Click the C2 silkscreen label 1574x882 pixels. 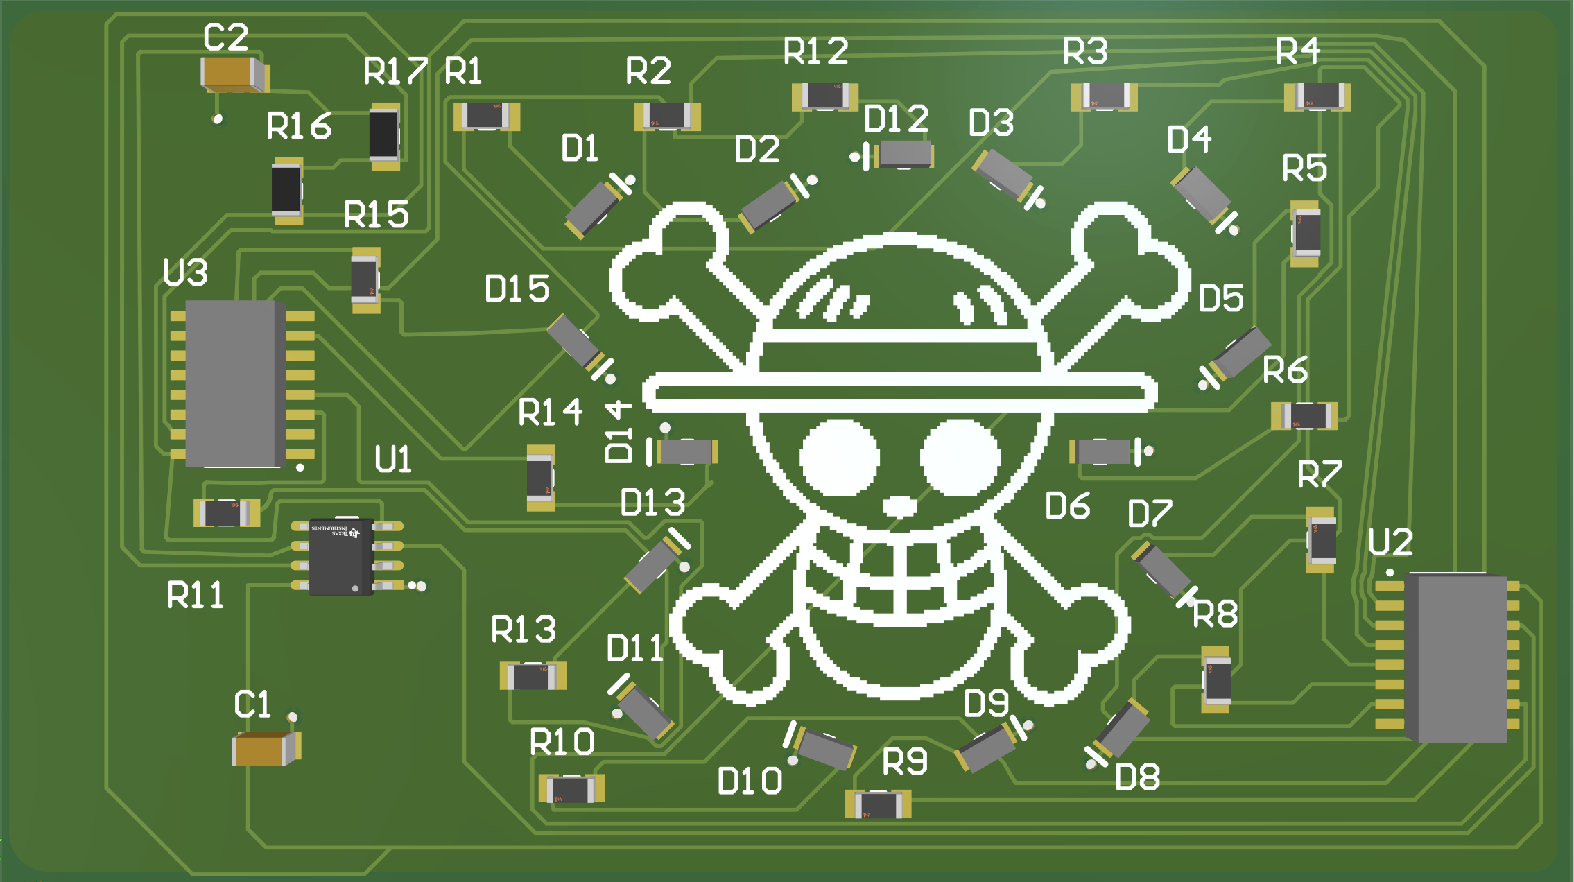click(225, 37)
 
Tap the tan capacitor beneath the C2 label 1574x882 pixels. click(233, 74)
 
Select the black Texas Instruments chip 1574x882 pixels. click(341, 557)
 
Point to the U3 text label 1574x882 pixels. click(185, 272)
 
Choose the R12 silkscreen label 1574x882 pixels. click(815, 51)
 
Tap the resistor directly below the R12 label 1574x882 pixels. click(824, 96)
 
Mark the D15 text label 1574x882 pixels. click(517, 288)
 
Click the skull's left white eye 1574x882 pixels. click(840, 458)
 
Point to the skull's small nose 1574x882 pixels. click(900, 506)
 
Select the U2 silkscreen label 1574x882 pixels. click(1390, 542)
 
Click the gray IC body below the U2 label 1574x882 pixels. click(1460, 657)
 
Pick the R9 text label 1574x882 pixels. click(904, 762)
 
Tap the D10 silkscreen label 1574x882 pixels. click(750, 781)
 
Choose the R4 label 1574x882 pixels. click(1298, 51)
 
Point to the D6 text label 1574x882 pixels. click(1067, 506)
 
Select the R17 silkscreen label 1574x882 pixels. click(395, 71)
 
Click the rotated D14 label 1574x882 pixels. click(618, 431)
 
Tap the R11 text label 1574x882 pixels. click(196, 595)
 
